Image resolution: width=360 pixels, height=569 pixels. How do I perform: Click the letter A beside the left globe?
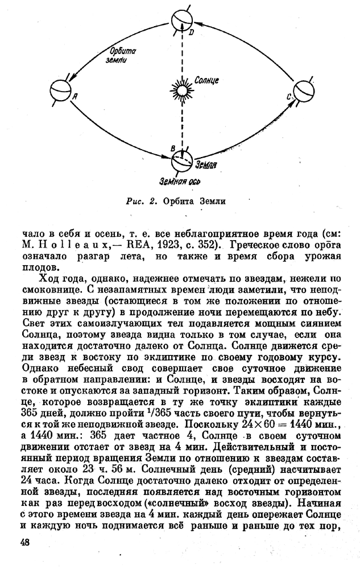tap(74, 97)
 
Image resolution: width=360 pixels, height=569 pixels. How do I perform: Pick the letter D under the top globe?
tap(191, 32)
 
